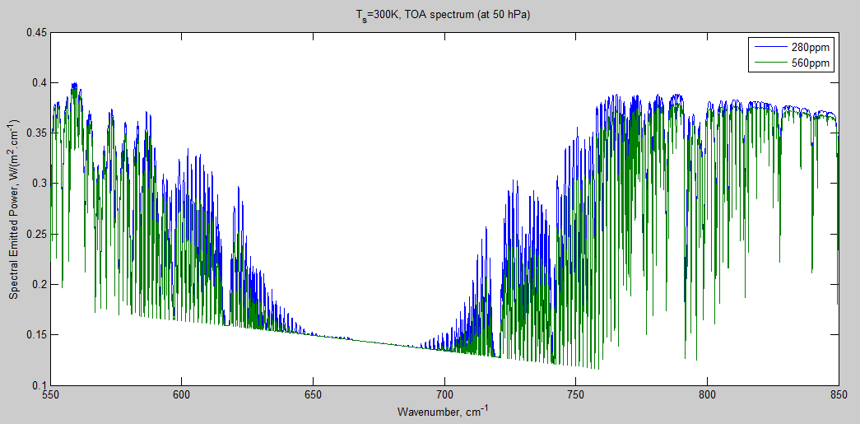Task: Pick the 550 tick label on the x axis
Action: coord(51,394)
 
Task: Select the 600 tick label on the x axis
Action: coord(182,394)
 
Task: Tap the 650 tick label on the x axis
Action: coord(314,394)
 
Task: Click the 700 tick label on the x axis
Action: coord(444,394)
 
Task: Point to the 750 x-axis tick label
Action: coord(576,394)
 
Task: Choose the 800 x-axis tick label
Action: coord(707,394)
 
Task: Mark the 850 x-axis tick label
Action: coord(838,394)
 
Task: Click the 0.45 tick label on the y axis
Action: coord(38,33)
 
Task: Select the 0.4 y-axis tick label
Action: coord(40,83)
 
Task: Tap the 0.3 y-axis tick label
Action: coord(40,184)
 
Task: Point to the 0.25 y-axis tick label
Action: coord(38,234)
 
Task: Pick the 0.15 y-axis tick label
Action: coord(38,334)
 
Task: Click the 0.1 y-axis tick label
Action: coord(40,384)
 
